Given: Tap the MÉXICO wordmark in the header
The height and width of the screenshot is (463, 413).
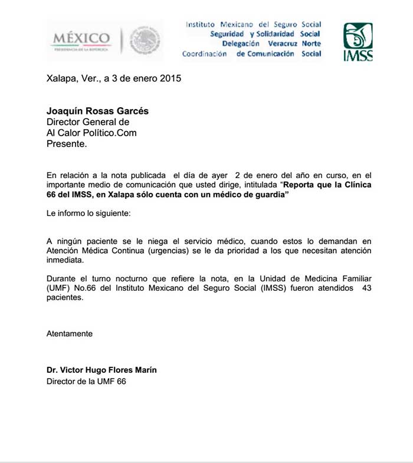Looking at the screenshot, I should pos(81,39).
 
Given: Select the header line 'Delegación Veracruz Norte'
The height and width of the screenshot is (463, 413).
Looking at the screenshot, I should pos(271,44).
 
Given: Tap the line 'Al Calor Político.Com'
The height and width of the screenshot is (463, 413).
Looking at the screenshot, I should pos(91,133).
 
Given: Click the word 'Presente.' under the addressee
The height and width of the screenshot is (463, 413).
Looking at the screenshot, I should pos(67,143).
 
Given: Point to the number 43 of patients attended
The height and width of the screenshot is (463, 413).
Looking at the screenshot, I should pos(365,288).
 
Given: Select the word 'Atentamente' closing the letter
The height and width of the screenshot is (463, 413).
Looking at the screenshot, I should pos(70,333).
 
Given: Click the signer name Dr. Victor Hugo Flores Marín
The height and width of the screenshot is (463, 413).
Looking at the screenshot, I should pos(102,370).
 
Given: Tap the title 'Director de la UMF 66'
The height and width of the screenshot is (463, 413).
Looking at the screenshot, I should pos(86,382).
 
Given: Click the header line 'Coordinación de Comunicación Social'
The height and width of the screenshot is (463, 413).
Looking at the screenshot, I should pos(252,54).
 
